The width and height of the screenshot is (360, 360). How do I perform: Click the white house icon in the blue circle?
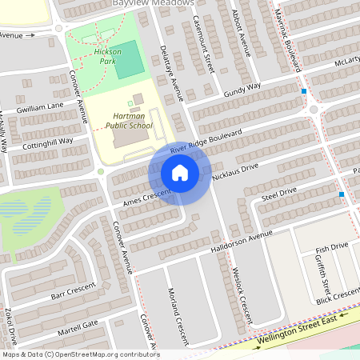click(x=180, y=173)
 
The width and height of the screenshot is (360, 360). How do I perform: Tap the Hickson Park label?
click(x=107, y=55)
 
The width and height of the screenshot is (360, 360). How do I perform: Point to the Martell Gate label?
click(x=78, y=326)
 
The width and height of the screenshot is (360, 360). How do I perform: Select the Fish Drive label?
click(x=332, y=247)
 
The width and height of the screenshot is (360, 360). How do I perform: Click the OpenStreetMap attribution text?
click(x=81, y=354)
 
